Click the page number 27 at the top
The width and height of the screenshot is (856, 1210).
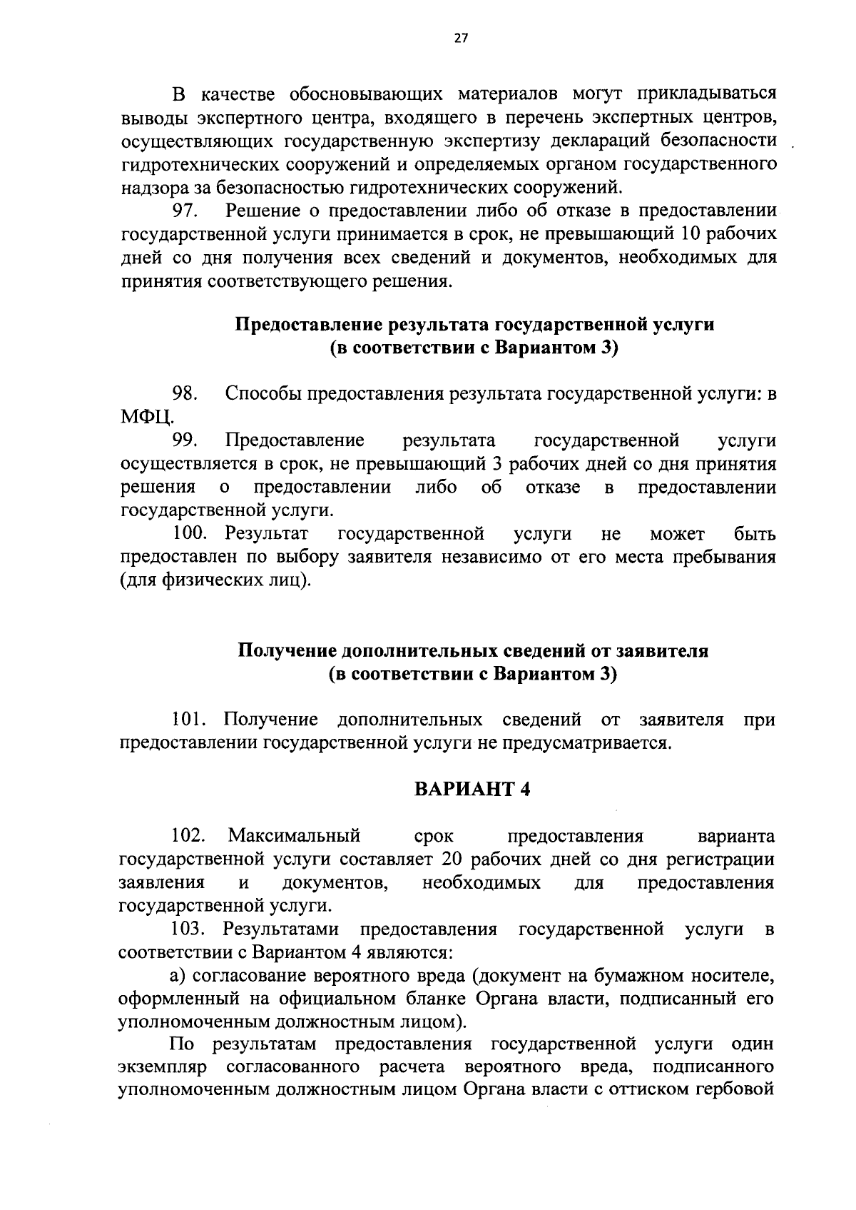point(459,39)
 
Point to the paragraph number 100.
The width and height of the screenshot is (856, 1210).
point(193,534)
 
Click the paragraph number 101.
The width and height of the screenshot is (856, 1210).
point(193,719)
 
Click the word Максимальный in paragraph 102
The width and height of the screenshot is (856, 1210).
point(295,835)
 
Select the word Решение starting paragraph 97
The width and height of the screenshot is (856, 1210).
point(260,211)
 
